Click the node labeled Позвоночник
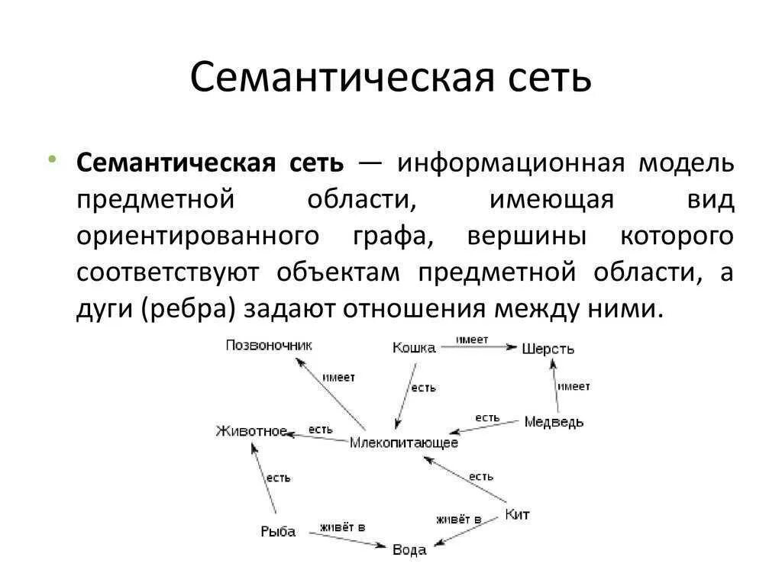(x=269, y=346)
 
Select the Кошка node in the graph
(x=414, y=348)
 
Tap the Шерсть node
(x=548, y=349)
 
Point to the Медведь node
(x=554, y=422)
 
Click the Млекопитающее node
(x=404, y=443)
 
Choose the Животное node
(x=251, y=432)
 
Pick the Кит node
(x=517, y=514)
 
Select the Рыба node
(x=277, y=532)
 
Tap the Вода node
(x=409, y=549)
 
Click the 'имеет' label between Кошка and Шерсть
(x=472, y=338)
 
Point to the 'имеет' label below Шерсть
(x=574, y=386)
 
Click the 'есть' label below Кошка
(x=424, y=388)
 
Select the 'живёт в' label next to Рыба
(x=342, y=527)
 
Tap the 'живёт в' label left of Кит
(x=458, y=520)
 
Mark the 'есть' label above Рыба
(x=278, y=478)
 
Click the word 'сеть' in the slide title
(x=547, y=77)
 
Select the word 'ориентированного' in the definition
(x=197, y=236)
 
